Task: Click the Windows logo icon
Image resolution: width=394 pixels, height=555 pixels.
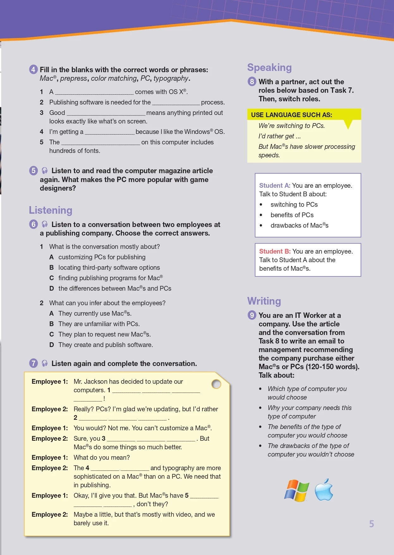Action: coord(296,490)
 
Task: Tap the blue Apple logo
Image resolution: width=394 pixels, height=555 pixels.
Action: coord(324,490)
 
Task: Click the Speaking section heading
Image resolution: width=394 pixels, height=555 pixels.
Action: coord(269,67)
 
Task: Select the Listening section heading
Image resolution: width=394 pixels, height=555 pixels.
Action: coord(51,210)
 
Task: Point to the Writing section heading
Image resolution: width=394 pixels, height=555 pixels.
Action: coord(264,301)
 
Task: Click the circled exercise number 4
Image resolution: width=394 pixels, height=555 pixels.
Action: coord(34,69)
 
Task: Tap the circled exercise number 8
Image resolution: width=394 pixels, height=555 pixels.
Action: coord(252,82)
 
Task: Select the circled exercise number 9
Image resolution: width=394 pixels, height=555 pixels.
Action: coord(252,315)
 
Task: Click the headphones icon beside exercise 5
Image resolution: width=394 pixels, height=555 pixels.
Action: coord(45,171)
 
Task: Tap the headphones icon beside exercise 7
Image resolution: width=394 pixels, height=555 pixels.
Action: coord(45,363)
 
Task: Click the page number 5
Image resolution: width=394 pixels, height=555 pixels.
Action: coord(372,524)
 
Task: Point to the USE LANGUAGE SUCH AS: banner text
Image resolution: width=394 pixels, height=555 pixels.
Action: coord(291,115)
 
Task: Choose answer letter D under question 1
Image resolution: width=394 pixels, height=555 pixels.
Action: coord(52,288)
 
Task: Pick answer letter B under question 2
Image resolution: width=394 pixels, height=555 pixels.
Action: coord(52,324)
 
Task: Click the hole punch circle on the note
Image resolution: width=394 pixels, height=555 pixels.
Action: coord(216,384)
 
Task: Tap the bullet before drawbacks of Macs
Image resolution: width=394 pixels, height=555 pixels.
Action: coord(261,225)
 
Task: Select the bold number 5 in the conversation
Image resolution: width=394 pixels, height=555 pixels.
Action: coord(187,495)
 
